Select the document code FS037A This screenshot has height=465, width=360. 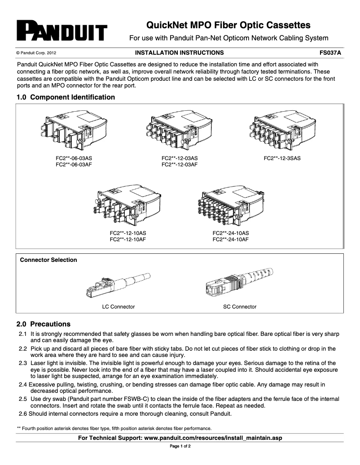(330, 52)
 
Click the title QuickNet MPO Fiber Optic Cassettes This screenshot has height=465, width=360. (229, 25)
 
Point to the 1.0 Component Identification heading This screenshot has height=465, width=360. (66, 97)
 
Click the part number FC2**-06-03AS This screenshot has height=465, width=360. (74, 158)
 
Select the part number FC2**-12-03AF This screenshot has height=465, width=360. (180, 165)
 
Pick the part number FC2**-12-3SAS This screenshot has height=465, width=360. (282, 158)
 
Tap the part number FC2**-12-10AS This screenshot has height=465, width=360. (128, 233)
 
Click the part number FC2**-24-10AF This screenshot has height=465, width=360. (230, 239)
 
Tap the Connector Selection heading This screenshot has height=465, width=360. (48, 260)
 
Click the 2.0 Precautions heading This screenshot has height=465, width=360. (44, 324)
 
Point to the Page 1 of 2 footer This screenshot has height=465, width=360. (180, 447)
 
